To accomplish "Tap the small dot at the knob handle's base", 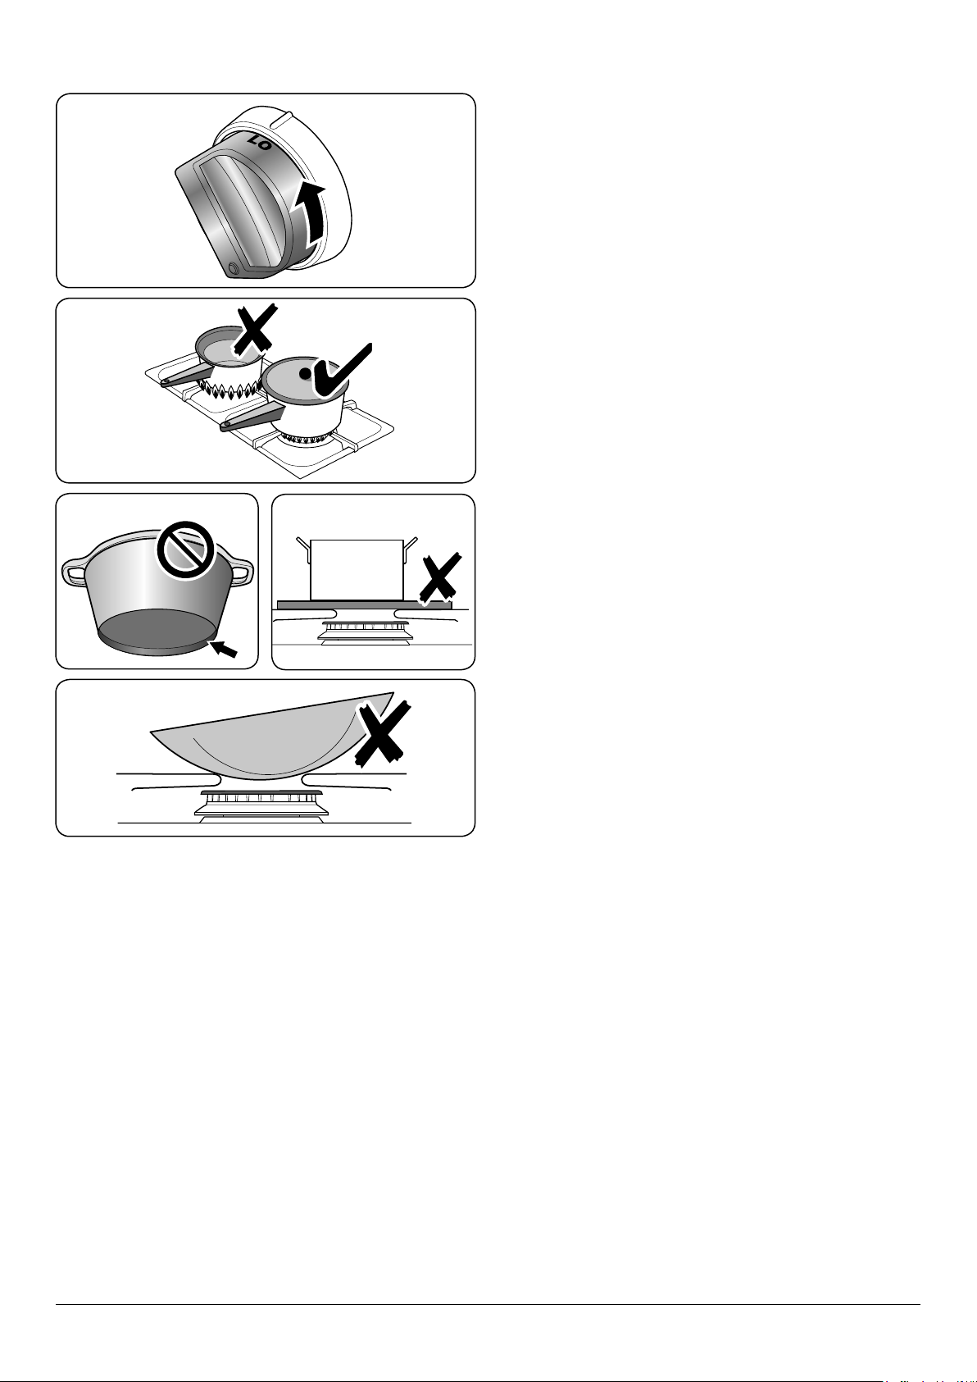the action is point(235,268).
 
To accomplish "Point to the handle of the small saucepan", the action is point(188,373).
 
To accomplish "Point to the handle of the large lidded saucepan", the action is point(247,419).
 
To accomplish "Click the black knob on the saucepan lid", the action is point(305,373).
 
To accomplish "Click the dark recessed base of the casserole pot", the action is point(156,628).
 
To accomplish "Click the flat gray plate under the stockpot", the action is point(364,604).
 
